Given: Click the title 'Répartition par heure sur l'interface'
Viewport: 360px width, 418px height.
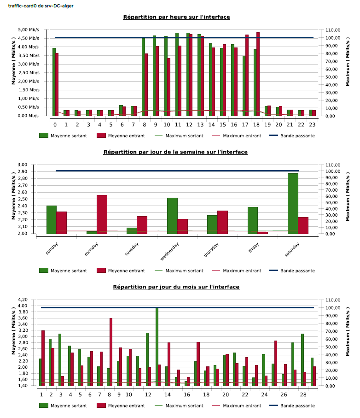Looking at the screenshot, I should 176,17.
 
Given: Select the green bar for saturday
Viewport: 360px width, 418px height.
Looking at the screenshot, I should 293,203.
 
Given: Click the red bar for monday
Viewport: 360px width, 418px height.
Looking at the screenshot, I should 102,214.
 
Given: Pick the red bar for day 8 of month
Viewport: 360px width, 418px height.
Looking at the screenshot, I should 111,352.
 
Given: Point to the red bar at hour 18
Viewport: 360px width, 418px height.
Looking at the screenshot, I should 258,74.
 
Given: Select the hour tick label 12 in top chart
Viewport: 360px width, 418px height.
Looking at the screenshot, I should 189,124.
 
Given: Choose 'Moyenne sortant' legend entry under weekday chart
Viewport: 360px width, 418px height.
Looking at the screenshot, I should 68,271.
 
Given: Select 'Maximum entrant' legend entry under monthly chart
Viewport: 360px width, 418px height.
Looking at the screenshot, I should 242,406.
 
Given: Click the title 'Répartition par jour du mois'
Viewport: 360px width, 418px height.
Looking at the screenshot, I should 176,287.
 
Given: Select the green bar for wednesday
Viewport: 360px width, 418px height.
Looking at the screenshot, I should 172,216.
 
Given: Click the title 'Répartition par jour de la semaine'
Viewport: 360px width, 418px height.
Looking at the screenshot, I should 175,152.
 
